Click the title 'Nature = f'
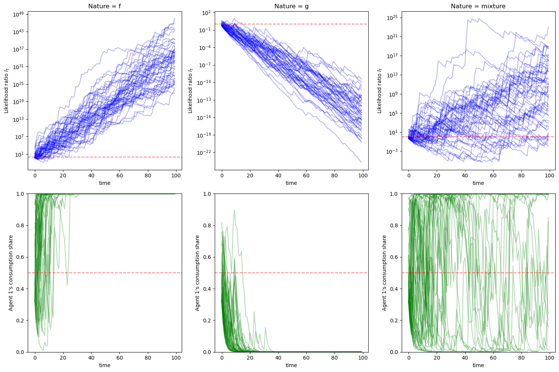104,6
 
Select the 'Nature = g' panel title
291,6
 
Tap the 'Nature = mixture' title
478,6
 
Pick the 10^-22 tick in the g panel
205,153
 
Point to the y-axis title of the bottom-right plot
384,273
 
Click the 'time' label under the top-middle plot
291,183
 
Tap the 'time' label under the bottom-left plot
104,365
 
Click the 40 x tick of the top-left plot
91,176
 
